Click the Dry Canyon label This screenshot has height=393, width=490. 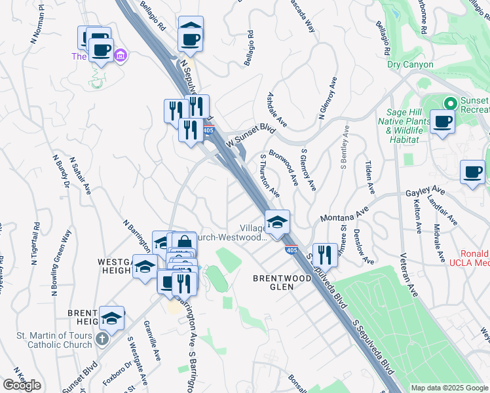[x=410, y=65]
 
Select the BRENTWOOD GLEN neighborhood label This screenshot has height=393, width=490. [x=282, y=282]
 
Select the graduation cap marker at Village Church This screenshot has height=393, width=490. [x=277, y=221]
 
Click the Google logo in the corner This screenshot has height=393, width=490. [x=22, y=384]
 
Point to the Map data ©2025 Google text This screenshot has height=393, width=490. [x=449, y=388]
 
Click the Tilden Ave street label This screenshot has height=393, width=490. [x=370, y=178]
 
